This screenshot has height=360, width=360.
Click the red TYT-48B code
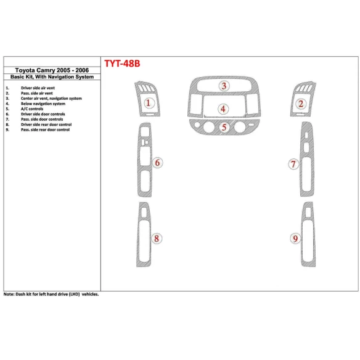coord(123,63)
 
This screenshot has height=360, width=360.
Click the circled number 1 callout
coord(149,104)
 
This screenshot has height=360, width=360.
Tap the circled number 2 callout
coord(300,104)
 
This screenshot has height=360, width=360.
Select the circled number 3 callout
coord(224,86)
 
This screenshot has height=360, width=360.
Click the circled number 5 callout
coord(224,128)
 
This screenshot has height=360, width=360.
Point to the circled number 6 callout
coord(158,163)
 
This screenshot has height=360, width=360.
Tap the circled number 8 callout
coord(157,238)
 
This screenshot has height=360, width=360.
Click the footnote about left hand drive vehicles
coord(51,295)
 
